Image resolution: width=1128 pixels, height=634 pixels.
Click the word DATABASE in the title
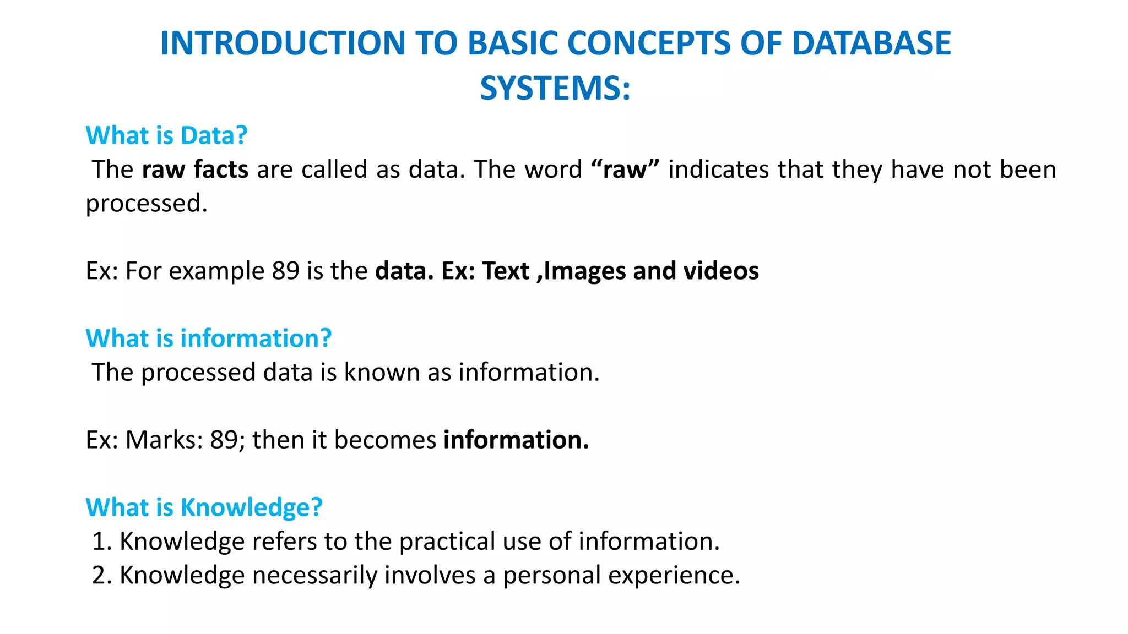click(x=871, y=43)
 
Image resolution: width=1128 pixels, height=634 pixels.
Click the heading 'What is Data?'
click(x=166, y=135)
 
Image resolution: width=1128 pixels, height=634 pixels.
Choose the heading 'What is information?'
click(x=209, y=338)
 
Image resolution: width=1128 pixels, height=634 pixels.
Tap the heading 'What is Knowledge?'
click(x=204, y=507)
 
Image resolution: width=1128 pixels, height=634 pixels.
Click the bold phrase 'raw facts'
click(x=195, y=170)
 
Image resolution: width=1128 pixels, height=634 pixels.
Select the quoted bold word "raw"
click(x=625, y=170)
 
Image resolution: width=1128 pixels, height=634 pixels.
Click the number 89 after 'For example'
click(x=285, y=271)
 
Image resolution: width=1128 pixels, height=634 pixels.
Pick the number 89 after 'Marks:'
click(x=224, y=440)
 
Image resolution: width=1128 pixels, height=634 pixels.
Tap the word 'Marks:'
click(x=164, y=440)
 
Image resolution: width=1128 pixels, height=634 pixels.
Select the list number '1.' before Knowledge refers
click(x=102, y=542)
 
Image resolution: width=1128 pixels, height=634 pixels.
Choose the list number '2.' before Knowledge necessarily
click(x=102, y=576)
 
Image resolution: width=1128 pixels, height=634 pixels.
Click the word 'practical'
click(x=447, y=542)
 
